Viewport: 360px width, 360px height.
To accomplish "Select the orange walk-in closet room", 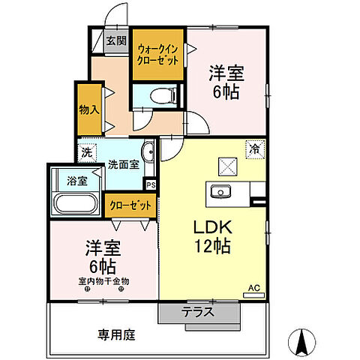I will pos(157,55).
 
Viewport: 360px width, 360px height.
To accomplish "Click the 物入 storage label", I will pos(88,109).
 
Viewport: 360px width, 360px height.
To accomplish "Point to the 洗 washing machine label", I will pos(88,151).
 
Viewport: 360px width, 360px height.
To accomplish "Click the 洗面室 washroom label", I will pos(122,164).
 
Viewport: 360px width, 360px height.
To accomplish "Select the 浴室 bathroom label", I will pos(76,181).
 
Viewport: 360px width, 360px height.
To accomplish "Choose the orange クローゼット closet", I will pos(130,204).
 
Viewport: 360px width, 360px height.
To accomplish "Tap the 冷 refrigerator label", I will pos(255,149).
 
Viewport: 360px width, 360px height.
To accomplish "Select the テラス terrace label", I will pos(197,311).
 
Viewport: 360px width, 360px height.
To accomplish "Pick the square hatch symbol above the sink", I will pos(226,166).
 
